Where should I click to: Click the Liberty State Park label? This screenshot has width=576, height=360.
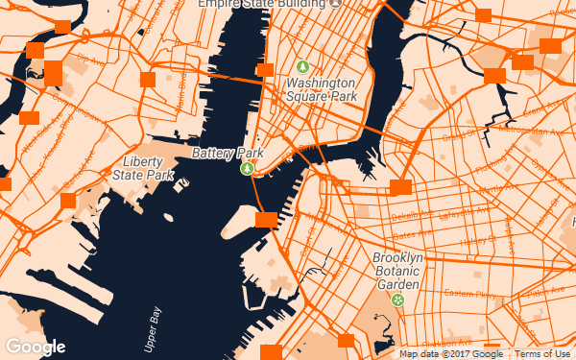(143, 168)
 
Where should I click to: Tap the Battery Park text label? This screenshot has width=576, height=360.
(228, 153)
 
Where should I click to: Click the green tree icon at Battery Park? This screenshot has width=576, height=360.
(247, 168)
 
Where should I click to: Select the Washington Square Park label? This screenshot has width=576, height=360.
(322, 90)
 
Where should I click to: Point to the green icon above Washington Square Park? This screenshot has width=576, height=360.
(303, 67)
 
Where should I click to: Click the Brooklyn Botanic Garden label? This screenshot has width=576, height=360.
(397, 272)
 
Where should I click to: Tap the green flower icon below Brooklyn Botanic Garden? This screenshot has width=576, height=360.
(397, 300)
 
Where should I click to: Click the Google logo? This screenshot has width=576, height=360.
(36, 347)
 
